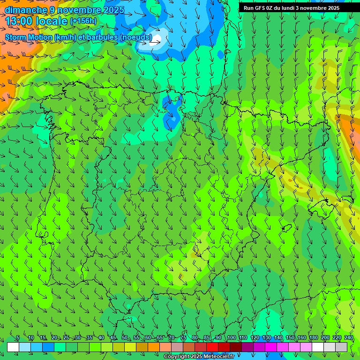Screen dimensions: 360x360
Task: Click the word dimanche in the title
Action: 26,10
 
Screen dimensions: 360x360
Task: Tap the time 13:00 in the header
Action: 21,22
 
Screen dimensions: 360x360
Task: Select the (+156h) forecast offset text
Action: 83,21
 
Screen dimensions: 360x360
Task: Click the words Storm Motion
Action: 29,37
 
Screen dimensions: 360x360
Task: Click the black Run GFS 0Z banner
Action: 295,8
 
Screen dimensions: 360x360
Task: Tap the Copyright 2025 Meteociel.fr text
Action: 199,357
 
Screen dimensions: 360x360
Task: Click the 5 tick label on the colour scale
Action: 18,338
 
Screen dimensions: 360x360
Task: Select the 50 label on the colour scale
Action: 124,338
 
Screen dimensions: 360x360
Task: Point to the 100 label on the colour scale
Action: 231,338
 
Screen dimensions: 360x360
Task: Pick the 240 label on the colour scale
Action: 349,338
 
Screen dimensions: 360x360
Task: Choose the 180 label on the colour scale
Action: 313,338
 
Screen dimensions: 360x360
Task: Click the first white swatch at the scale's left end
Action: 13,347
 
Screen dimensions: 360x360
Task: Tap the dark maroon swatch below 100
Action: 236,347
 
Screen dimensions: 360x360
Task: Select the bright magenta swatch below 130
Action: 271,347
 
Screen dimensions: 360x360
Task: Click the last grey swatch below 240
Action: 341,347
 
